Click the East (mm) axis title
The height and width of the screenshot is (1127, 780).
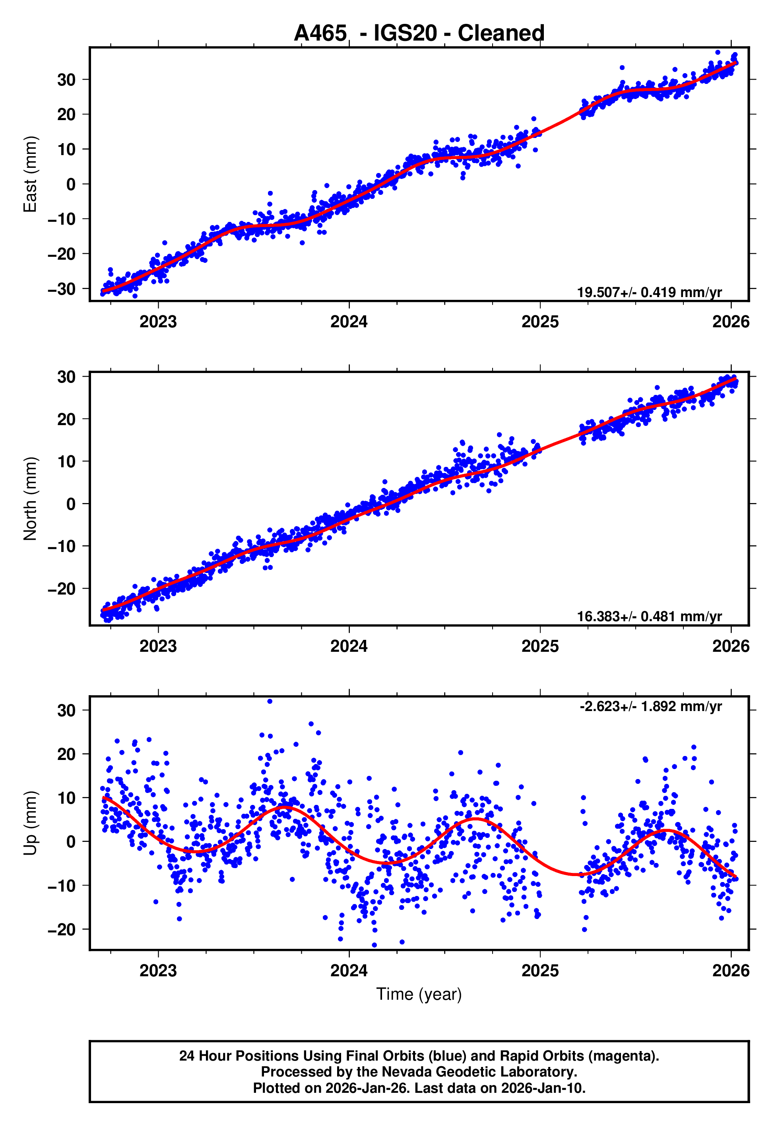tap(30, 174)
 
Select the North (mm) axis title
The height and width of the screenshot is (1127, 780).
tap(30, 499)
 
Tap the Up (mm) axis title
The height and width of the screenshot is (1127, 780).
tap(30, 823)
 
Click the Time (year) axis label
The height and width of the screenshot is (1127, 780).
tap(419, 994)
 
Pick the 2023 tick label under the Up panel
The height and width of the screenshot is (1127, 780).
tap(158, 971)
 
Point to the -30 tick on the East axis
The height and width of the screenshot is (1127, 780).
tap(62, 289)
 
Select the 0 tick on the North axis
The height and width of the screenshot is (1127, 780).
tap(71, 504)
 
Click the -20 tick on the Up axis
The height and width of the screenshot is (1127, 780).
tap(62, 929)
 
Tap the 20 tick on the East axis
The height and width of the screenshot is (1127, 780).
tap(66, 115)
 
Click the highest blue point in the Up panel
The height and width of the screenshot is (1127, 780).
tap(270, 701)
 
